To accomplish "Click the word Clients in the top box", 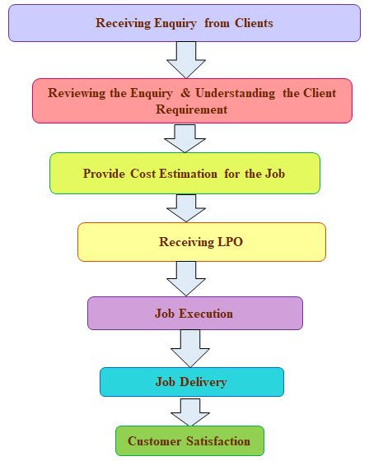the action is click(x=254, y=23).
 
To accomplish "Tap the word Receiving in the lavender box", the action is click(x=123, y=24).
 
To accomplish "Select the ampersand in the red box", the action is click(x=185, y=93).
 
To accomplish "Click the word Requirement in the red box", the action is click(x=192, y=109).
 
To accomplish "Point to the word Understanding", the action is click(x=236, y=94).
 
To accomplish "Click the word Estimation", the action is click(x=188, y=174).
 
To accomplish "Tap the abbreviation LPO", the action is click(x=230, y=242).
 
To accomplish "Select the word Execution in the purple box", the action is click(x=206, y=314).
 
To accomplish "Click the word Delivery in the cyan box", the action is click(x=203, y=382).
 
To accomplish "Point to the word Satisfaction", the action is click(x=218, y=441).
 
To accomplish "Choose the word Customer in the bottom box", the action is click(x=155, y=441).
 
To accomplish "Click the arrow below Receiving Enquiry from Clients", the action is click(x=186, y=59).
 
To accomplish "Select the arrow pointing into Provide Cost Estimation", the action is click(x=184, y=138).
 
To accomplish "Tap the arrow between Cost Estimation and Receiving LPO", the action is click(x=186, y=207).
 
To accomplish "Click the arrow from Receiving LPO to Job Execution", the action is click(x=186, y=278).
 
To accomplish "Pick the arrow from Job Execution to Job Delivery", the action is click(x=190, y=348).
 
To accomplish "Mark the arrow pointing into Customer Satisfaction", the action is click(x=190, y=412).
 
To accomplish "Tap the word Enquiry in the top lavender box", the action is click(x=175, y=24).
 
